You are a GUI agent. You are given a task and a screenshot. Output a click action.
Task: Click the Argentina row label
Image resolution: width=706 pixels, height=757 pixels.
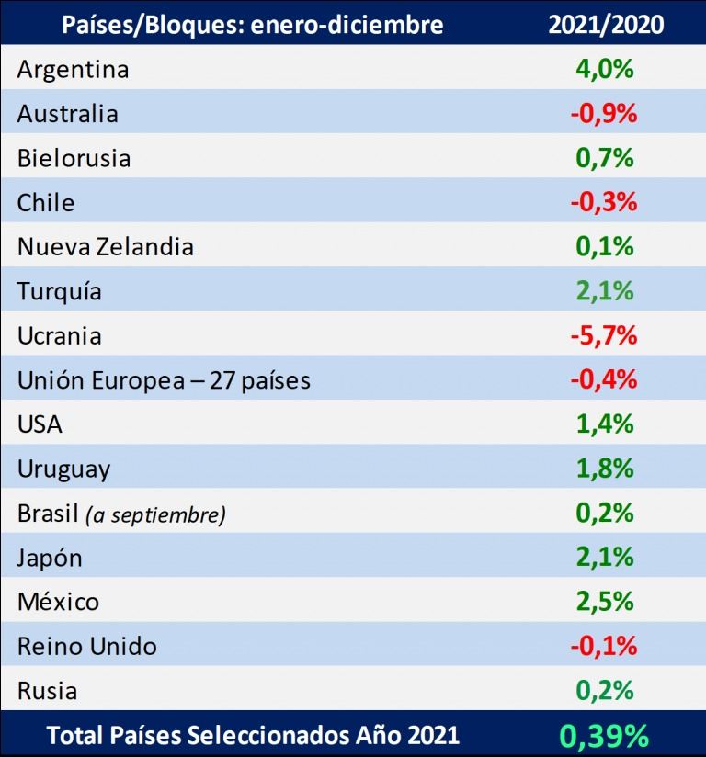click(x=73, y=70)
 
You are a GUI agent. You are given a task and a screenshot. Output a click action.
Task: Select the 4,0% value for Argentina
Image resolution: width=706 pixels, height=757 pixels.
click(x=605, y=70)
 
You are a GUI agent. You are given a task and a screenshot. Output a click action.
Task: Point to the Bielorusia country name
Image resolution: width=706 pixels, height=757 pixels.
click(x=74, y=158)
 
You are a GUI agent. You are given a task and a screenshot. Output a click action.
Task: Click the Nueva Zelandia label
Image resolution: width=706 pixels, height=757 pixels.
click(x=106, y=247)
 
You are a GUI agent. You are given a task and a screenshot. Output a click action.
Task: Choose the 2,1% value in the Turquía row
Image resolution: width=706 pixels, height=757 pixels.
click(x=605, y=291)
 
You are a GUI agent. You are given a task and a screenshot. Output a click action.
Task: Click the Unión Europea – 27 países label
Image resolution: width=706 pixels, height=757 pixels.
click(x=164, y=380)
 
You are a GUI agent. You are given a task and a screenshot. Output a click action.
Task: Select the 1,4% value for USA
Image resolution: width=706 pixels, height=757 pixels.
click(x=605, y=424)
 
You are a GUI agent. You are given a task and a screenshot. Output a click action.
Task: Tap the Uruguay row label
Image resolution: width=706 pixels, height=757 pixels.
click(x=64, y=469)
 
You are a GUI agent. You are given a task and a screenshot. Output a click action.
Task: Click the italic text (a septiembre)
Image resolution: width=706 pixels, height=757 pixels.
click(x=155, y=514)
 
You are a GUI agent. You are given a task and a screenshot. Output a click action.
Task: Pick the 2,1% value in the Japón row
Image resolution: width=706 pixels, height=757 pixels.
click(x=605, y=558)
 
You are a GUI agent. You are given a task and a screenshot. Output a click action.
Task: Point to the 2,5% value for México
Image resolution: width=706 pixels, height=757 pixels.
click(x=605, y=602)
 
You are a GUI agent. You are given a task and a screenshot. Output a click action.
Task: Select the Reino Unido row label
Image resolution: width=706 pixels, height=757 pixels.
click(x=87, y=647)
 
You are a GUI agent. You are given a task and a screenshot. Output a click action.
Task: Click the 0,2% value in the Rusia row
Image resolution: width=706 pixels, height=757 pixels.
click(x=605, y=691)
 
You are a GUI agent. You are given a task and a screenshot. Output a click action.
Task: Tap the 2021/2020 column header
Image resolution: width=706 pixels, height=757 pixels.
click(x=605, y=24)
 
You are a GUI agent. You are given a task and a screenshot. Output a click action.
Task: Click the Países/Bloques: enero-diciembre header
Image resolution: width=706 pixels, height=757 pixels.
click(x=252, y=24)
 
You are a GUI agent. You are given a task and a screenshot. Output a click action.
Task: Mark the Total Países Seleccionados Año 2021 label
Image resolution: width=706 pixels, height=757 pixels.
click(x=253, y=735)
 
